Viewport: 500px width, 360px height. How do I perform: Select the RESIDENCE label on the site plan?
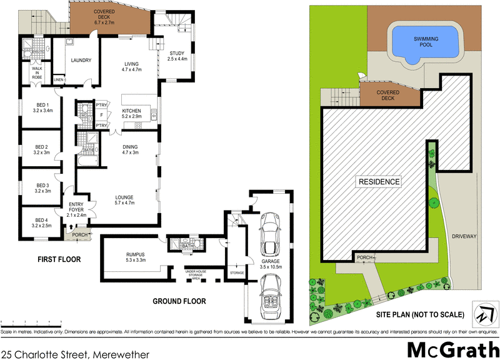378,182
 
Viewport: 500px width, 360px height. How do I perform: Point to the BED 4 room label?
42,223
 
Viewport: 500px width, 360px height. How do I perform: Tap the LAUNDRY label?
82,61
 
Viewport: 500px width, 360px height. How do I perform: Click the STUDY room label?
179,56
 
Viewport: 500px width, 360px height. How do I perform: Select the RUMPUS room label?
136,256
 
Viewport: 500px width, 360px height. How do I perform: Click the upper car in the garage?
270,230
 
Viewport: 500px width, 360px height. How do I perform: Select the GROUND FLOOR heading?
179,301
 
